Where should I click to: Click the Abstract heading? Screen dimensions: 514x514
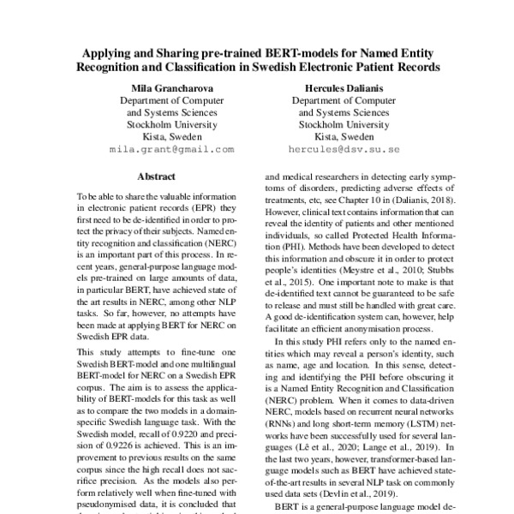coord(158,177)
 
